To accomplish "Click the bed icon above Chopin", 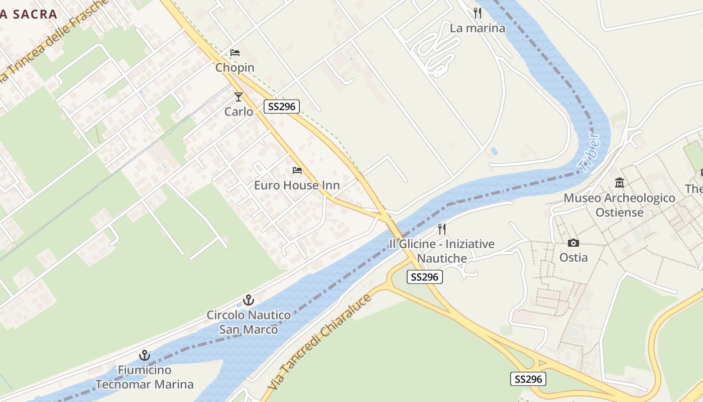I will [235, 53].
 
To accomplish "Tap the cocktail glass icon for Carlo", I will [239, 97].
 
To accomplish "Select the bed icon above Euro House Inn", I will [297, 170].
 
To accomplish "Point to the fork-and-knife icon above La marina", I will [478, 13].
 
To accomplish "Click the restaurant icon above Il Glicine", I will [442, 229].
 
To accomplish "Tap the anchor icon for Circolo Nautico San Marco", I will [249, 300].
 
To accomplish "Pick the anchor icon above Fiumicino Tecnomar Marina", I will [145, 355].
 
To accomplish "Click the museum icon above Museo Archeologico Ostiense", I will [620, 183].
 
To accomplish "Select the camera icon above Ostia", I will [573, 243].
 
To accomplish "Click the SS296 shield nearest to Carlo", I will [282, 106].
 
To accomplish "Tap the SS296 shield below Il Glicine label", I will [424, 277].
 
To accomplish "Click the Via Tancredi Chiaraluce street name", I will [320, 342].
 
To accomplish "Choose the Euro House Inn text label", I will [297, 185].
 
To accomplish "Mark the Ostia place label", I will [573, 258].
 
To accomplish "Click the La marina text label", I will [478, 28].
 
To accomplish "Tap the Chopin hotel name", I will [235, 67].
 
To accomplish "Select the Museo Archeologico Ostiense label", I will [620, 205].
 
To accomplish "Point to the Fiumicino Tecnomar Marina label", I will [145, 377].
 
